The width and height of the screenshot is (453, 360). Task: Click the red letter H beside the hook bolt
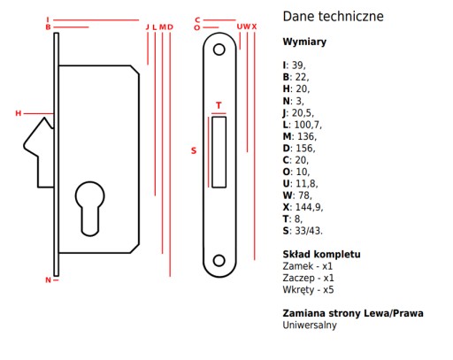pyautogui.click(x=19, y=113)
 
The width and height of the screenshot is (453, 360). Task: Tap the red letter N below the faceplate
pyautogui.click(x=48, y=280)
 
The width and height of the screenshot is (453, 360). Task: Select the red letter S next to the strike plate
pyautogui.click(x=194, y=150)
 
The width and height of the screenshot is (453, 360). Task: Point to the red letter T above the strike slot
pyautogui.click(x=219, y=105)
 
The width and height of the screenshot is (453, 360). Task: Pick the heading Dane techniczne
pyautogui.click(x=333, y=17)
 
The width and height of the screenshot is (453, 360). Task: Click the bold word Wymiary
pyautogui.click(x=304, y=42)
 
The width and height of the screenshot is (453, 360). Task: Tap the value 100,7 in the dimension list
pyautogui.click(x=308, y=125)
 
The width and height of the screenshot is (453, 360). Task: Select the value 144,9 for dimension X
pyautogui.click(x=309, y=207)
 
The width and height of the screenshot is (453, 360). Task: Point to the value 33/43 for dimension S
pyautogui.click(x=309, y=231)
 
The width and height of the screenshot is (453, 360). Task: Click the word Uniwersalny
pyautogui.click(x=310, y=326)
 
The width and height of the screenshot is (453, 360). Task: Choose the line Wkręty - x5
pyautogui.click(x=308, y=290)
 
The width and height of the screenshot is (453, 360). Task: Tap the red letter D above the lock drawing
pyautogui.click(x=170, y=27)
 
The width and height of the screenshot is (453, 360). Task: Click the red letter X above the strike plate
pyautogui.click(x=254, y=27)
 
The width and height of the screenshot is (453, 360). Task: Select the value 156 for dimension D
pyautogui.click(x=305, y=149)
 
